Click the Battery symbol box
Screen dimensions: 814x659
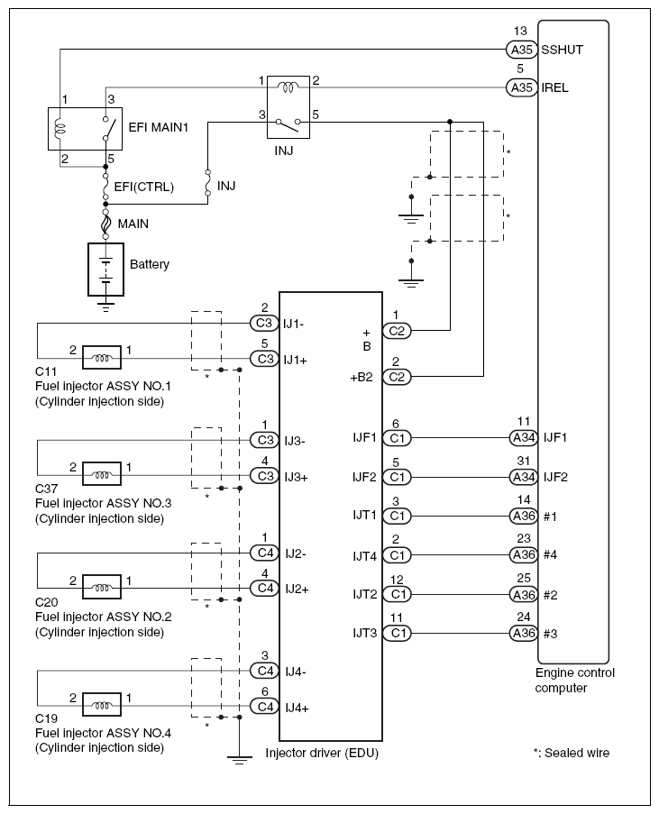106,269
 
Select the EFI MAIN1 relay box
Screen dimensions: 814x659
83,130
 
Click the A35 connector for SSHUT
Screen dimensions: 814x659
522,50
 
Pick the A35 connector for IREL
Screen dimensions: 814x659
522,88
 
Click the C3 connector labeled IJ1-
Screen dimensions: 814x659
265,322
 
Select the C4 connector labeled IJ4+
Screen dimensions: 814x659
265,707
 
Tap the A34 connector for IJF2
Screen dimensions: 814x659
523,476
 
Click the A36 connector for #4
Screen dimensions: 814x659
523,554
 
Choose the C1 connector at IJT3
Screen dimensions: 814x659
397,633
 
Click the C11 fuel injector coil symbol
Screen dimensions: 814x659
103,359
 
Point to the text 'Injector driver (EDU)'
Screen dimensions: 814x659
323,753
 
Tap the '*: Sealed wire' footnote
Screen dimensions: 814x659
571,752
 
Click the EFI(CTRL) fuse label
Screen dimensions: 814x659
143,187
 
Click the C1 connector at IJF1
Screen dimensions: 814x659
397,437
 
